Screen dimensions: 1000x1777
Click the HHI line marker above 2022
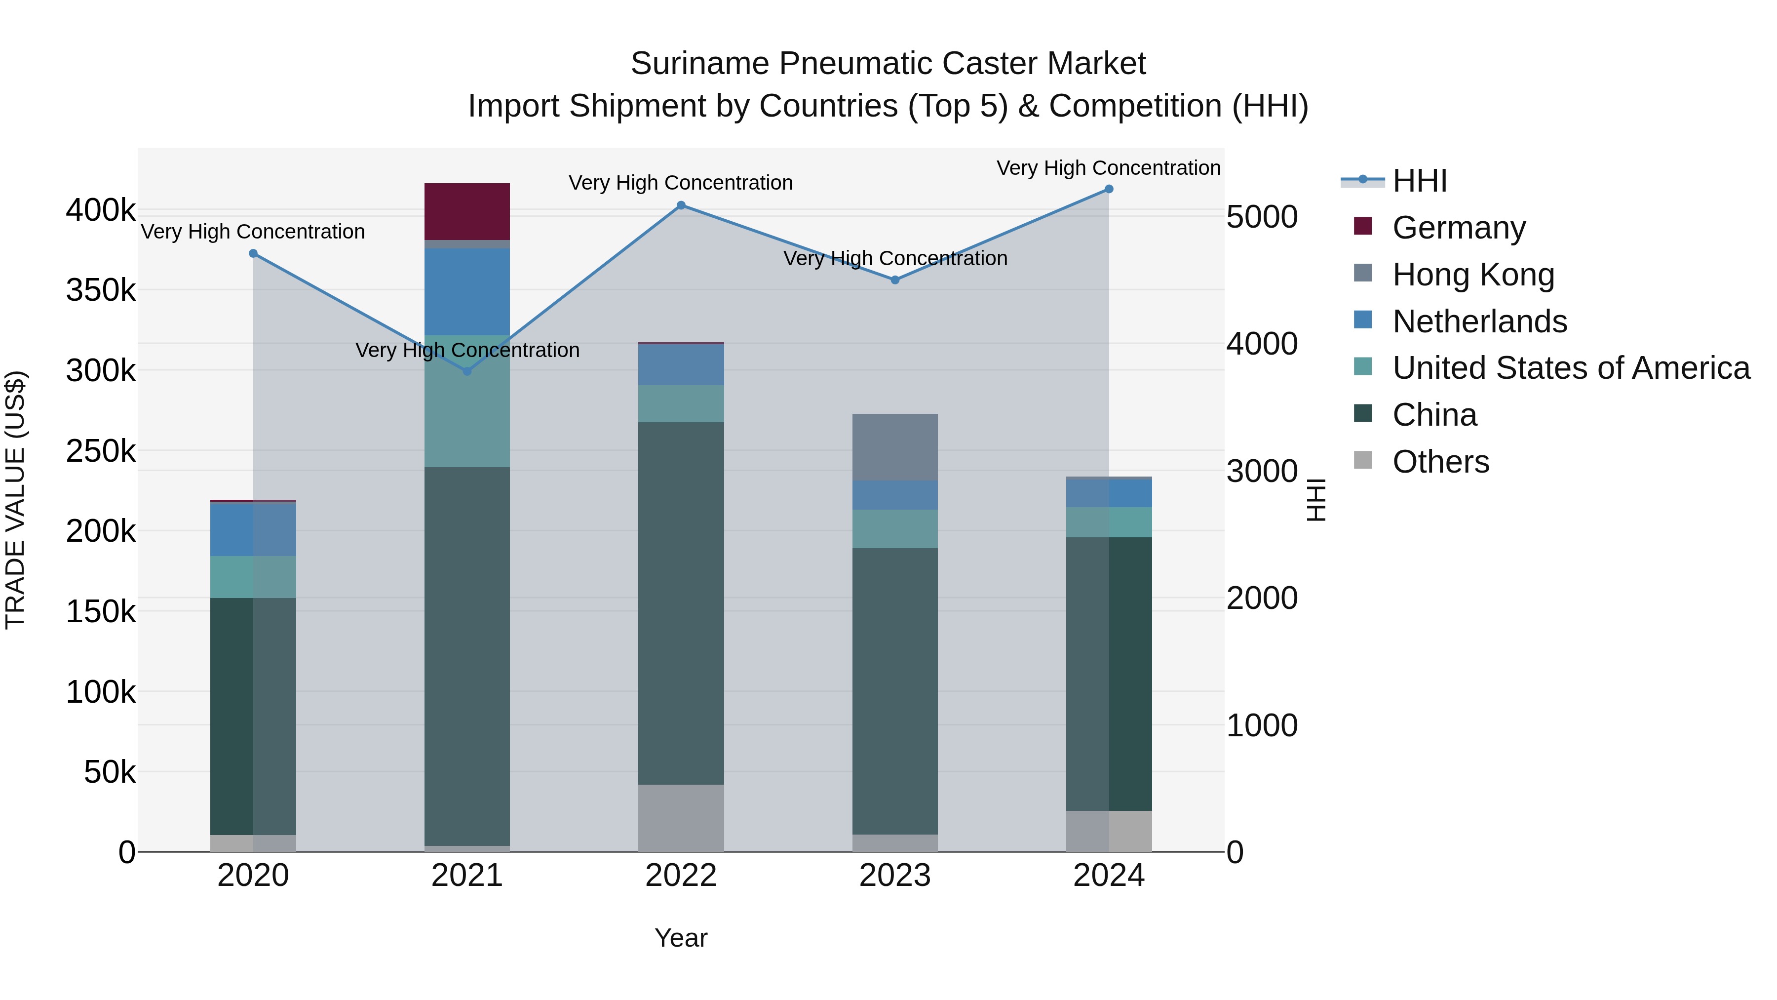pyautogui.click(x=681, y=205)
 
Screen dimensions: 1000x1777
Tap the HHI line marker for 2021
pyautogui.click(x=467, y=371)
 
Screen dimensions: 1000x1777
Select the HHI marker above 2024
pyautogui.click(x=1109, y=189)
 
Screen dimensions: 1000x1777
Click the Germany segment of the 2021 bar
pyautogui.click(x=467, y=211)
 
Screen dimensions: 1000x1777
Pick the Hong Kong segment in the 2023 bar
pyautogui.click(x=895, y=447)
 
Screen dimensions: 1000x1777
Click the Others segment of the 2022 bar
pyautogui.click(x=681, y=818)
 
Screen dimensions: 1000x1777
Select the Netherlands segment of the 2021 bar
pyautogui.click(x=467, y=292)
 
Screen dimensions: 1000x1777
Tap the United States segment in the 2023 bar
pyautogui.click(x=895, y=528)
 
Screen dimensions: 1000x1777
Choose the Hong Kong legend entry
pyautogui.click(x=1473, y=275)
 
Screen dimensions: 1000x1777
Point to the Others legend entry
pyautogui.click(x=1440, y=462)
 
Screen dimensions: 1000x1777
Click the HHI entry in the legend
pyautogui.click(x=1419, y=181)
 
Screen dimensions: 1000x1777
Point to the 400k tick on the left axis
pyautogui.click(x=101, y=210)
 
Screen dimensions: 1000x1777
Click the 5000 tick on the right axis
pyautogui.click(x=1262, y=217)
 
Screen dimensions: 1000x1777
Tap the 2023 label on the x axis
pyautogui.click(x=895, y=876)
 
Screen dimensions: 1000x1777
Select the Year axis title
pyautogui.click(x=681, y=938)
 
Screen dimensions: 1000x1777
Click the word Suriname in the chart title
pyautogui.click(x=699, y=64)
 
